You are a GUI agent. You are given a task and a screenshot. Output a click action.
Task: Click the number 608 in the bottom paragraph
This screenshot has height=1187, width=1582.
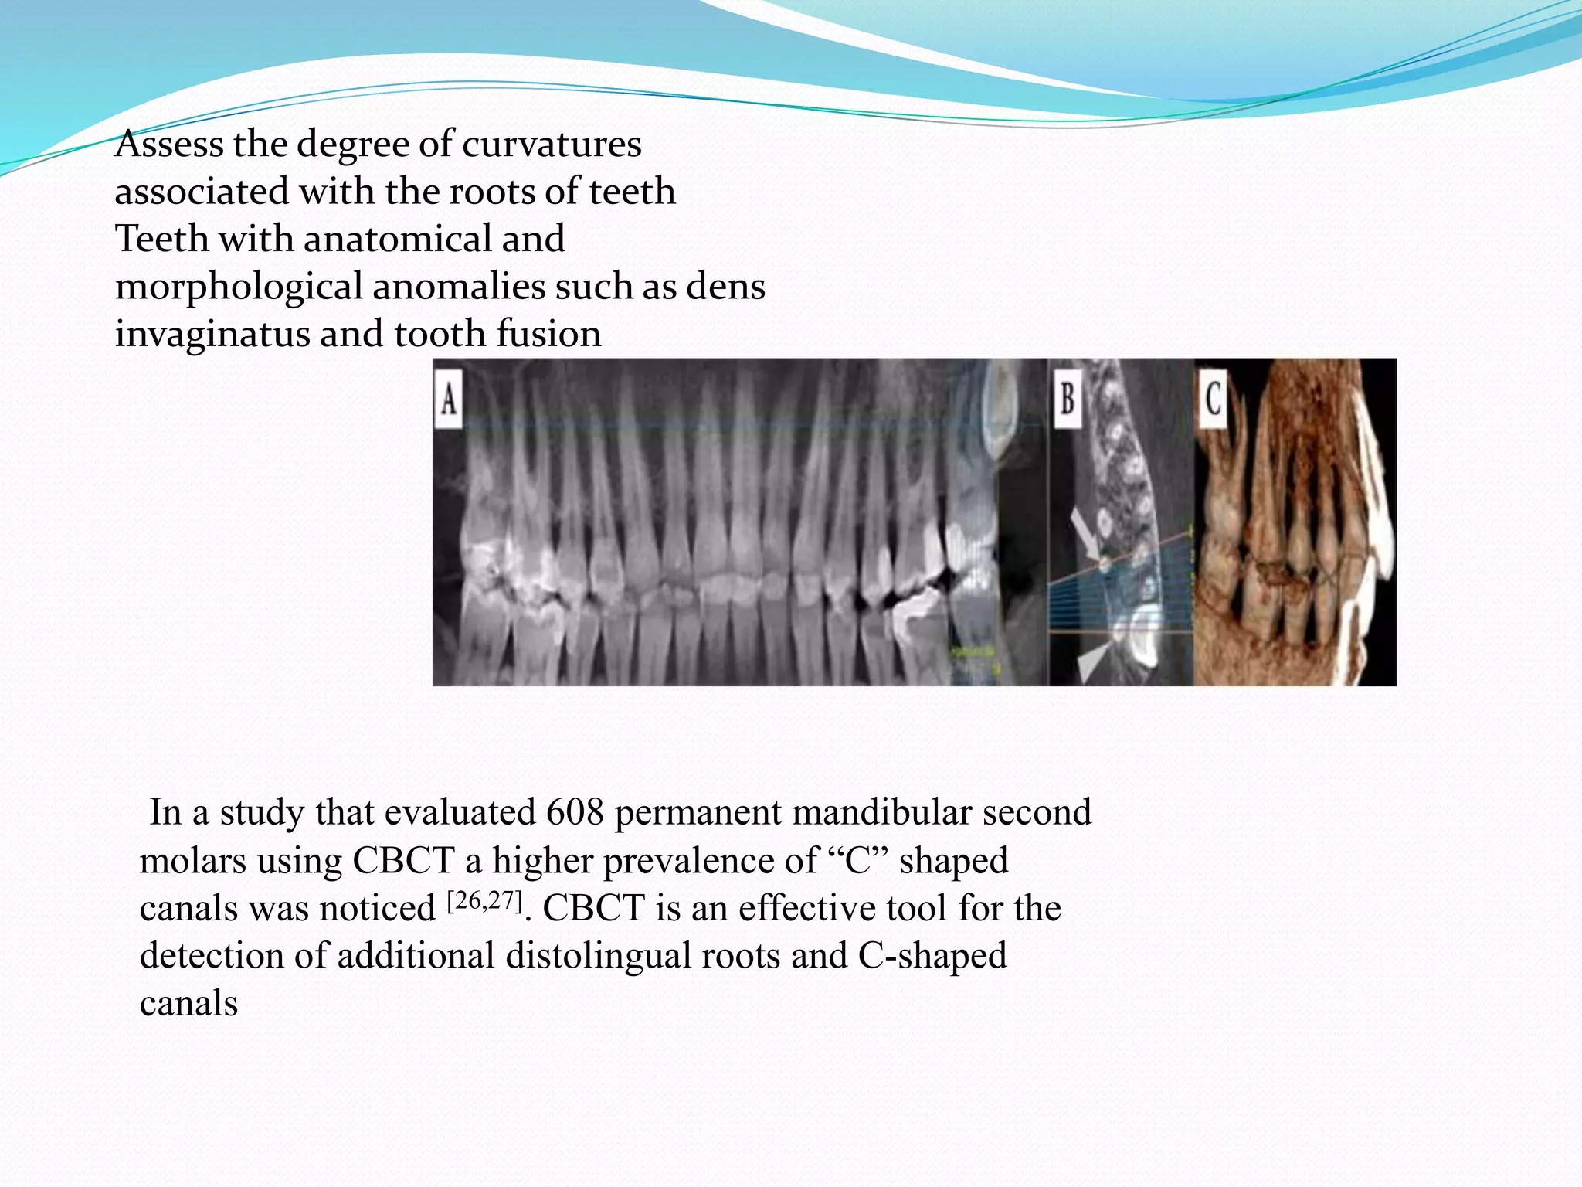[575, 813]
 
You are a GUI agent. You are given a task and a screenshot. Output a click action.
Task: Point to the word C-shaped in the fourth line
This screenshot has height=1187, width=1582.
[932, 956]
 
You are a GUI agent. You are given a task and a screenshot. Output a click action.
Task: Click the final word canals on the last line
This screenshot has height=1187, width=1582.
[188, 1004]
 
